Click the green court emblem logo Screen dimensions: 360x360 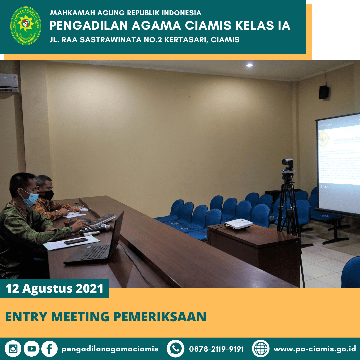click(x=26, y=26)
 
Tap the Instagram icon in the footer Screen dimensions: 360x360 click(x=13, y=349)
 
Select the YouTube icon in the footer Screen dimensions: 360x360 click(x=31, y=349)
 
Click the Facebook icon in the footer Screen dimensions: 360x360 click(x=49, y=349)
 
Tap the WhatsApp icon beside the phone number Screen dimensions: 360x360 click(x=175, y=349)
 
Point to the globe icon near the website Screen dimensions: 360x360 click(x=261, y=349)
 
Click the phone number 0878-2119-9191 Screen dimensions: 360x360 click(x=216, y=349)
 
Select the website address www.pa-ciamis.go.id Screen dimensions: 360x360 click(x=315, y=349)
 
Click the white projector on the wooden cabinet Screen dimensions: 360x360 click(x=239, y=224)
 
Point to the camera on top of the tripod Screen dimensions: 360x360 click(x=287, y=164)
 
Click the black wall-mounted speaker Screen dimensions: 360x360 click(x=323, y=92)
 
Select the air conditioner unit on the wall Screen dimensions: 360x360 click(x=9, y=83)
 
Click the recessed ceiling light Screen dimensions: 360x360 click(x=249, y=65)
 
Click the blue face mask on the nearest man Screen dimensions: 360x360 click(x=31, y=198)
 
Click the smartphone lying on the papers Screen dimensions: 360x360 click(x=76, y=241)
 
